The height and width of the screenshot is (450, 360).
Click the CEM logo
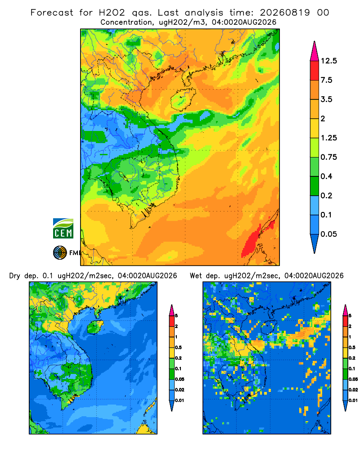coord(63,228)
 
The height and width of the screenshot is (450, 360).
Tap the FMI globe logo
coord(60,252)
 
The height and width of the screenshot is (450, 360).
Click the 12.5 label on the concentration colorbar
coord(328,61)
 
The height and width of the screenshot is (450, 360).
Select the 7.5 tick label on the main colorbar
coord(326,80)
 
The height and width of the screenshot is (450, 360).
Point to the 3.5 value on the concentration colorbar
coord(326,99)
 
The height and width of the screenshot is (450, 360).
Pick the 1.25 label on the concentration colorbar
coord(328,138)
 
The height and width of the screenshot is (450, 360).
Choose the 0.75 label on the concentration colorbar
coord(328,157)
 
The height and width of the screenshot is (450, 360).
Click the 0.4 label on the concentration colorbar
coord(326,176)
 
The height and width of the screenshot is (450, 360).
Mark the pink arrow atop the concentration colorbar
coord(315,52)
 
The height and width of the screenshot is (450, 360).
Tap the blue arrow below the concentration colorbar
coord(315,243)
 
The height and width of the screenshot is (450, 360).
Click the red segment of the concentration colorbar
coord(315,71)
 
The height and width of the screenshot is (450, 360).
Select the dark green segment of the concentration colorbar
coord(315,186)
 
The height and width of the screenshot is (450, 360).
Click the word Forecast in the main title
coord(52,13)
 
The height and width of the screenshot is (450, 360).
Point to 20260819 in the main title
coord(285,13)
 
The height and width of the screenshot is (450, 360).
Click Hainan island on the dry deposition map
coord(95,327)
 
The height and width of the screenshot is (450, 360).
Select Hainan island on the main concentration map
coord(183,99)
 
